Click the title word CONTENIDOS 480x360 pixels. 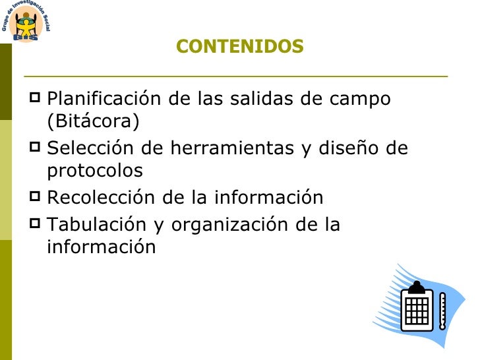(240, 47)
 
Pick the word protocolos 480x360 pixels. (95, 171)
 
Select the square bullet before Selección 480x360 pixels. (36, 148)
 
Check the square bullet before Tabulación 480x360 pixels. (36, 224)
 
